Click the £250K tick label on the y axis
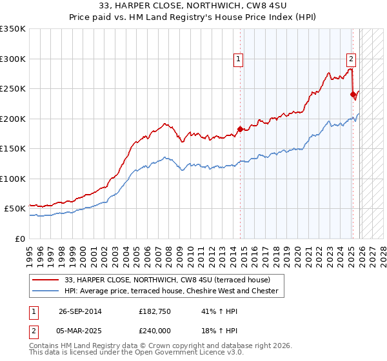(x=13, y=89)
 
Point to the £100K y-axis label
(x=13, y=179)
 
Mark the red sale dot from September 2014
(x=241, y=129)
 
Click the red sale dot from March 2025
(x=353, y=95)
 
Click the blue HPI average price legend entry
(x=171, y=291)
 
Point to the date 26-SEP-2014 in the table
(x=80, y=311)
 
